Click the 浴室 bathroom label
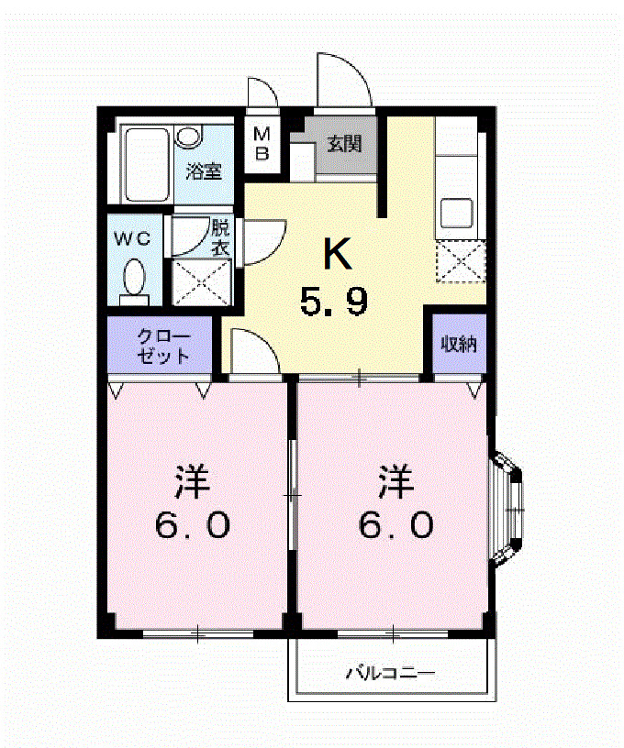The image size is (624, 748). tap(204, 170)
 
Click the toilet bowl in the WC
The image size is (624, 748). tap(135, 276)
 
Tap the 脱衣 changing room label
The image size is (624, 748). tap(221, 236)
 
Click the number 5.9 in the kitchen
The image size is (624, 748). tap(335, 301)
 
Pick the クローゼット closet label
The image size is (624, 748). tap(161, 345)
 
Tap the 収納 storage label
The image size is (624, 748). tap(458, 345)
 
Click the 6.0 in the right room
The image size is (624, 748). tap(395, 524)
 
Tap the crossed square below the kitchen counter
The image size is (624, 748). tap(460, 260)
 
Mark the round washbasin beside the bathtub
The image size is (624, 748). tap(190, 137)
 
